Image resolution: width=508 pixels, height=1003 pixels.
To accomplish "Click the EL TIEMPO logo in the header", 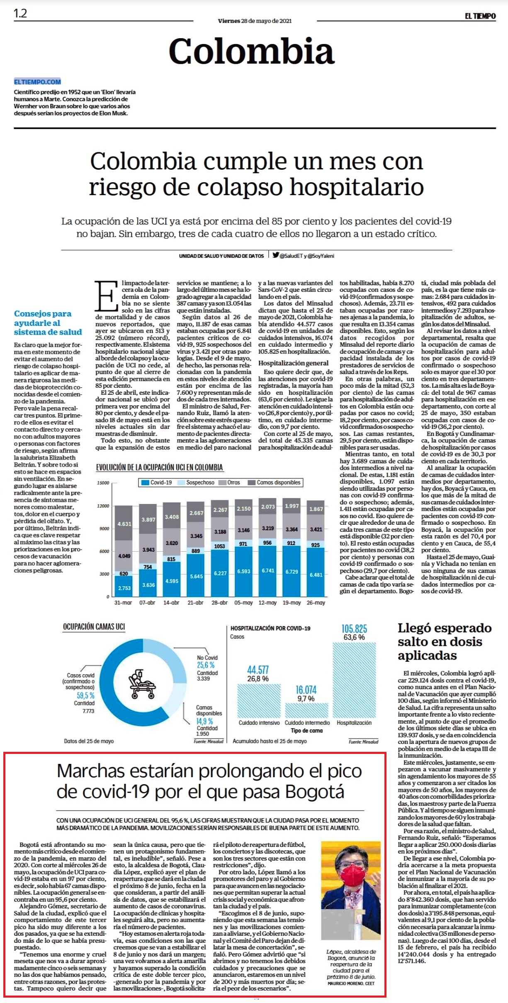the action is coord(480,16).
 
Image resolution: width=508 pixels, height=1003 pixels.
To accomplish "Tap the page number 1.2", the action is coord(20,13).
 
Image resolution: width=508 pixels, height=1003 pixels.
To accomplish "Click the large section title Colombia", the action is coord(251,51).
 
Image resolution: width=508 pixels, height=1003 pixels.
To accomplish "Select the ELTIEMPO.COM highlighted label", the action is coord(37,82).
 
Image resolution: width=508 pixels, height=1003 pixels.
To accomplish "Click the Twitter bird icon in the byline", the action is coord(276,255).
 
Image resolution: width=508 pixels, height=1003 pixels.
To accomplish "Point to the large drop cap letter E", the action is coord(107,296).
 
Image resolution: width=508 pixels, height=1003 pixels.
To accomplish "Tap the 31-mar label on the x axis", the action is coord(123,602).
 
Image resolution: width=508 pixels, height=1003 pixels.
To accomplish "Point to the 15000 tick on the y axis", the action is coord(103,483).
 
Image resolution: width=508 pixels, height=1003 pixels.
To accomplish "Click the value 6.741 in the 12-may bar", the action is coord(268,570).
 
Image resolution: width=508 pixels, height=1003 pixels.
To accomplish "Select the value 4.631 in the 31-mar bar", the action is coord(124,524).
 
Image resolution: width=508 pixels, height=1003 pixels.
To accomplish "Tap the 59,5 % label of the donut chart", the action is coord(85,695).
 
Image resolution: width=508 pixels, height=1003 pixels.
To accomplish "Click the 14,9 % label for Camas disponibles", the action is coord(204,721).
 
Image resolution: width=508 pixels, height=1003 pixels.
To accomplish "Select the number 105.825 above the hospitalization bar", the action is coord(354,629).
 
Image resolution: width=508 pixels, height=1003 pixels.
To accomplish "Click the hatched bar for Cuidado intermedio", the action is coord(306,710).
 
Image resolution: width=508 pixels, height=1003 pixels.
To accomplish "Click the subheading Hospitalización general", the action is coord(293,363).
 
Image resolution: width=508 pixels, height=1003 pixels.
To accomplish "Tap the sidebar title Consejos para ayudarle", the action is coord(48,323).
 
